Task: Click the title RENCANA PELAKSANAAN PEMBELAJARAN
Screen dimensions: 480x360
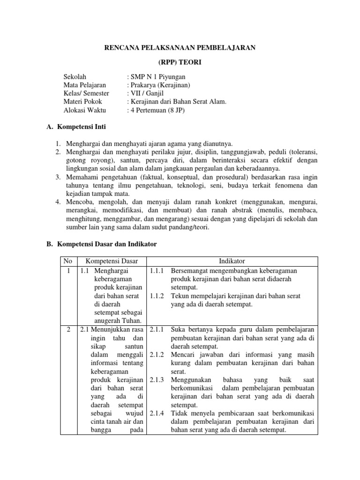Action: tap(180, 48)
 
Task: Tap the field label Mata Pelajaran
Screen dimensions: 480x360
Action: tap(84, 85)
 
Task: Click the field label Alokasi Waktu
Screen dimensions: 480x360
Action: tap(84, 110)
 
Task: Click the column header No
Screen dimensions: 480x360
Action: tap(68, 261)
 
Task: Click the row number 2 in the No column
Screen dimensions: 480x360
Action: tap(68, 330)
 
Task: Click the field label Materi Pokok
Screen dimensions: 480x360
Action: tap(82, 102)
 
